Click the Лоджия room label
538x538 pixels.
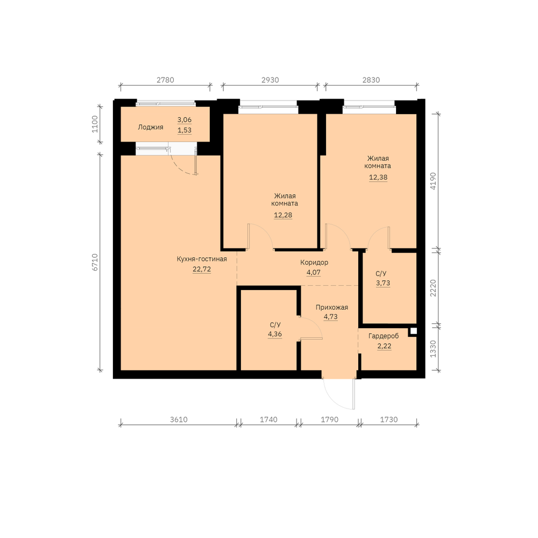point(151,128)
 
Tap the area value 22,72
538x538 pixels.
point(202,269)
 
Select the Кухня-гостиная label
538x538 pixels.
point(202,259)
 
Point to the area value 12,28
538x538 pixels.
point(283,215)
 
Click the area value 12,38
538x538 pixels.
point(378,178)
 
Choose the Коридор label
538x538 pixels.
point(314,263)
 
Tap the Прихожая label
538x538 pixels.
point(332,307)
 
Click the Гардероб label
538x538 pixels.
point(384,336)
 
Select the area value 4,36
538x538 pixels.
point(275,334)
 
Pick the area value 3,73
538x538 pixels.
point(383,283)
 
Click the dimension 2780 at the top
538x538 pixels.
point(165,80)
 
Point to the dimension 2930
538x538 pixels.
point(270,80)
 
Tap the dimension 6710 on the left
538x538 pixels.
point(95,262)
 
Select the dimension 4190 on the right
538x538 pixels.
point(433,181)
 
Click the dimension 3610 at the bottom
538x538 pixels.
point(179,420)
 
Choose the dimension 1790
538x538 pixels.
point(329,420)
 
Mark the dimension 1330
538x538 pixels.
point(433,349)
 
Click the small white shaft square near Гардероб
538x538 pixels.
point(413,331)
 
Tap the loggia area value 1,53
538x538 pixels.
point(185,130)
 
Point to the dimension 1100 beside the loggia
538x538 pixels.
point(95,124)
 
